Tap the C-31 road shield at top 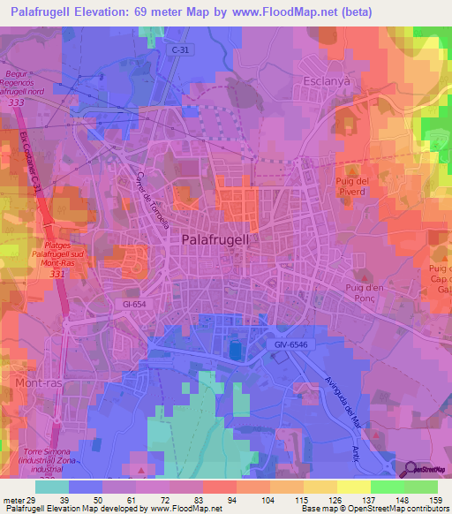(x=180, y=50)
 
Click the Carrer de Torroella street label (x=152, y=198)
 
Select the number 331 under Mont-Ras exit (x=59, y=274)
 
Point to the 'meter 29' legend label (x=17, y=499)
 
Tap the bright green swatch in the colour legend (x=388, y=487)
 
